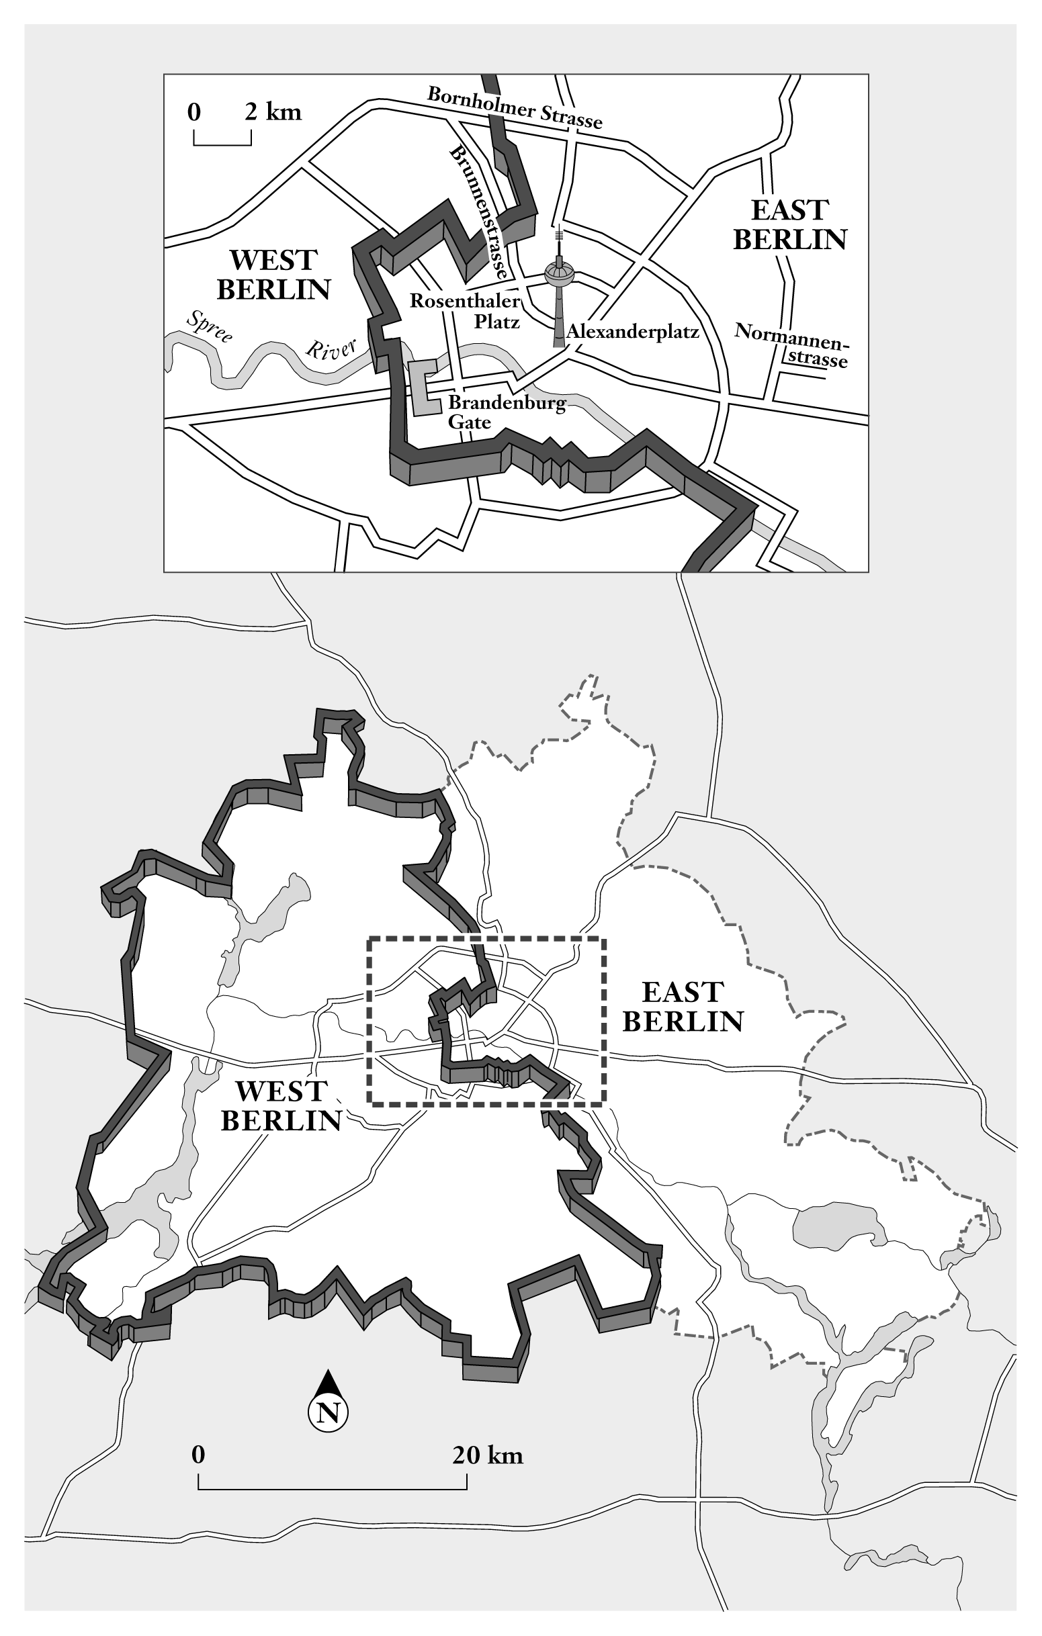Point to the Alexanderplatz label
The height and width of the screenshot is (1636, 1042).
[x=632, y=332]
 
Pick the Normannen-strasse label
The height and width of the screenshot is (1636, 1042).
[x=793, y=345]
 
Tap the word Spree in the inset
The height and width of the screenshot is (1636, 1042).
[x=210, y=326]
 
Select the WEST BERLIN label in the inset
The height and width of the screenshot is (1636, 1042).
[x=273, y=275]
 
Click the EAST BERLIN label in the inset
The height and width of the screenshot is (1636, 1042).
[x=790, y=225]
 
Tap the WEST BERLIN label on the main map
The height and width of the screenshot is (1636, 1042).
[x=281, y=1106]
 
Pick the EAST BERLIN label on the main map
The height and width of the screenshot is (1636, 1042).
[x=683, y=1007]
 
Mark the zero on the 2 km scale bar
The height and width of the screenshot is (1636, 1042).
[x=194, y=111]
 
